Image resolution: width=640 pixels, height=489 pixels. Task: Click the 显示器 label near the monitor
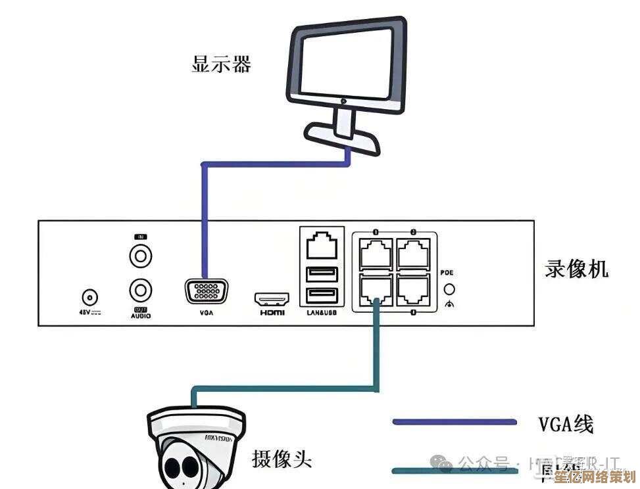(221, 64)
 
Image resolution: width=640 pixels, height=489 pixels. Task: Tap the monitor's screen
(347, 61)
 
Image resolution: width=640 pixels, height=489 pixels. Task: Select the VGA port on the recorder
(207, 292)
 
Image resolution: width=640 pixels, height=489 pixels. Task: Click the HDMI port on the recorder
(272, 299)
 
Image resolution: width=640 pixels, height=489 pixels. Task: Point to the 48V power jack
(89, 297)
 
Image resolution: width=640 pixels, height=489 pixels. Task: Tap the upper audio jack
(141, 255)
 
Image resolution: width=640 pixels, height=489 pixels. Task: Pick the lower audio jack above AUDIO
(141, 289)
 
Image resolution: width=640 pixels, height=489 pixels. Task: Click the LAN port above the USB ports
(322, 246)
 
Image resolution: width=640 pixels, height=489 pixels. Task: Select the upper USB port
(322, 273)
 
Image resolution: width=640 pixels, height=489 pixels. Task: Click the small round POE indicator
(450, 289)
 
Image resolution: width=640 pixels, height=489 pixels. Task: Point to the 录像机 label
(577, 269)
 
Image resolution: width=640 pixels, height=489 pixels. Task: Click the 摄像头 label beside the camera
(282, 459)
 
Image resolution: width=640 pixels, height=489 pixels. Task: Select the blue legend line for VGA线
(454, 421)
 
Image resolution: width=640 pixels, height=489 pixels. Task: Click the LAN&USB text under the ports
(322, 314)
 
